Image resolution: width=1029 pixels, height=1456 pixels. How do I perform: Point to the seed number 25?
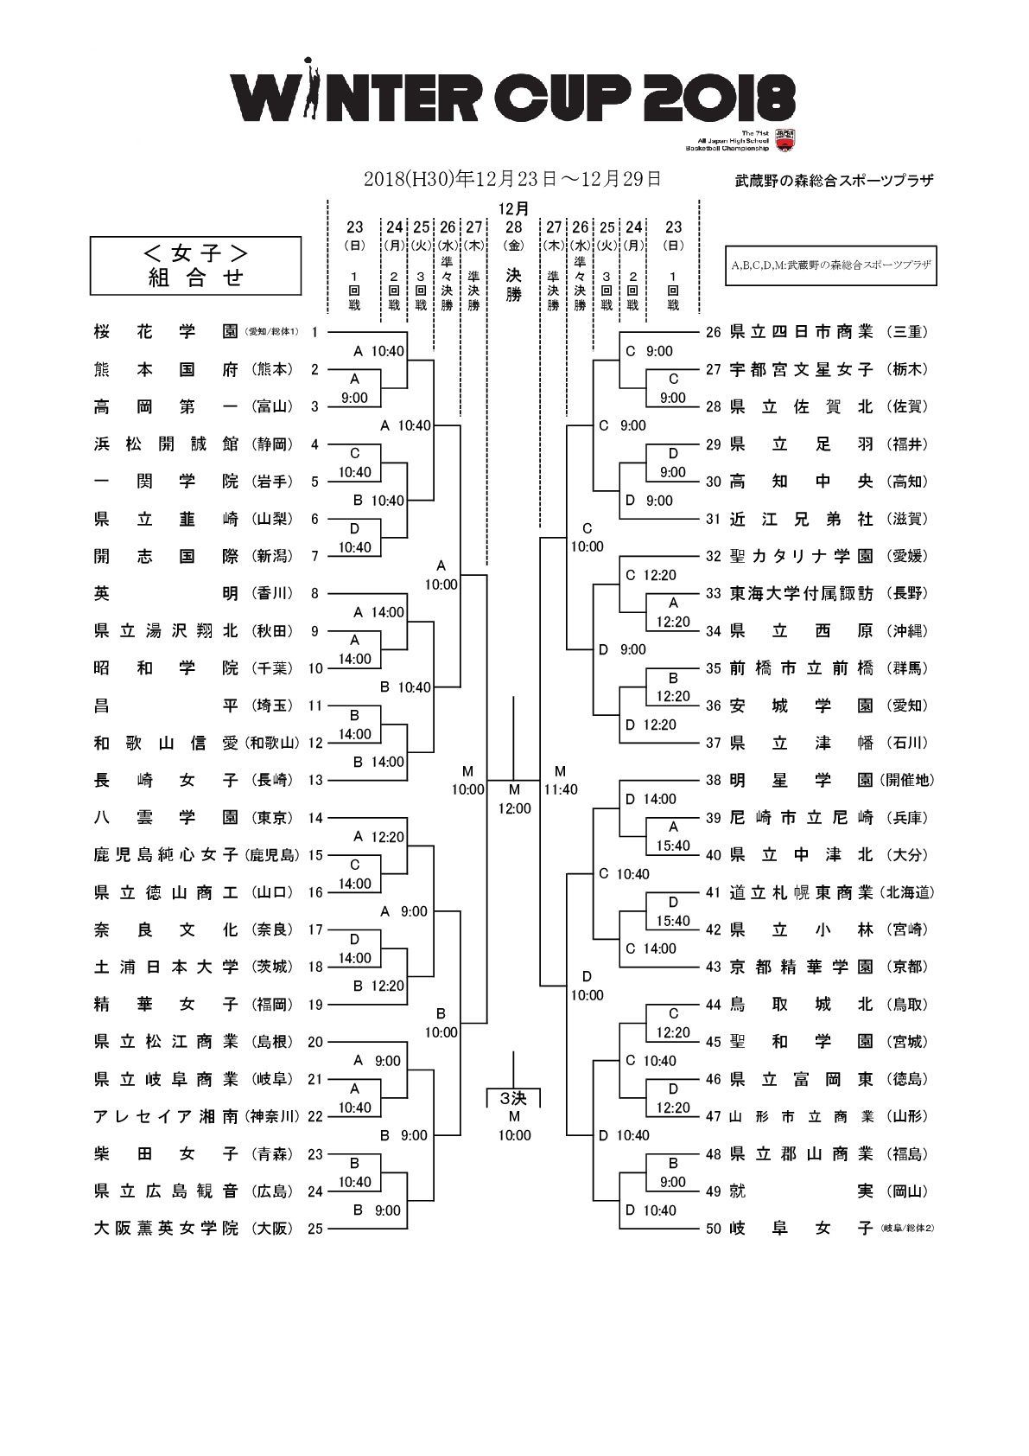click(314, 1229)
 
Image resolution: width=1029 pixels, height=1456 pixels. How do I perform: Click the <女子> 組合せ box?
click(196, 265)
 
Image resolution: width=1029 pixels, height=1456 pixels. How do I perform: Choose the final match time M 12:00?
click(514, 799)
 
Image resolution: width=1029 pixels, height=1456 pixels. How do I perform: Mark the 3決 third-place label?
click(514, 1098)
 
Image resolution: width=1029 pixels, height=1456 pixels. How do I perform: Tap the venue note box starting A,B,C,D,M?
click(831, 265)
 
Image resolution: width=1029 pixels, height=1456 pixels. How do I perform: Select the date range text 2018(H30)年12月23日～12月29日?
click(512, 179)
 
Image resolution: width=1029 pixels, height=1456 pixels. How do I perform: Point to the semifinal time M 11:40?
click(560, 780)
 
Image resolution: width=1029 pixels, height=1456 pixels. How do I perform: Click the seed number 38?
click(713, 780)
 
